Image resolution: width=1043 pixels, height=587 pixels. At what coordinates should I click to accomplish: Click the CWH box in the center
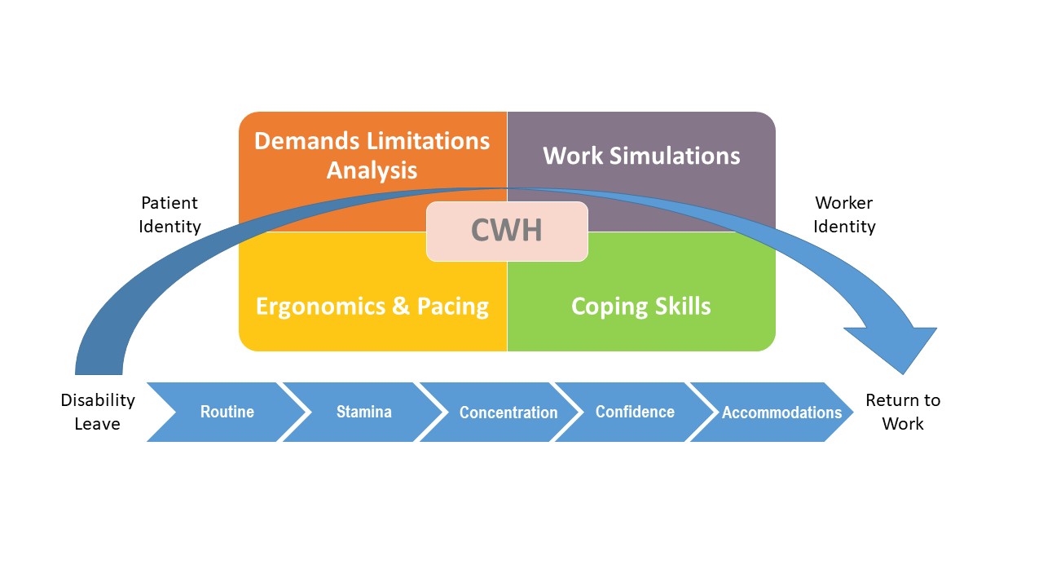click(506, 231)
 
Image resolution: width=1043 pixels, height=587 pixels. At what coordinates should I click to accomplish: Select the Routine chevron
click(227, 412)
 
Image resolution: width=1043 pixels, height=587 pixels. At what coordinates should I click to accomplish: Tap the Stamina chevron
click(363, 412)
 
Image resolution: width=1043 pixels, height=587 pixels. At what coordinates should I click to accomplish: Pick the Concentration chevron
click(508, 413)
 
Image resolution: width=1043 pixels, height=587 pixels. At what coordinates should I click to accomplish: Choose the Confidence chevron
click(635, 412)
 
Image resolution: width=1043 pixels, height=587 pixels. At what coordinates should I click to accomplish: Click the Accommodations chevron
click(781, 413)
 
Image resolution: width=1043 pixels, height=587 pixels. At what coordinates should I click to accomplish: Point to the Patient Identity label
click(169, 214)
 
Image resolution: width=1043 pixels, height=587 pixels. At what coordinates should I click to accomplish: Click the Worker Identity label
click(844, 214)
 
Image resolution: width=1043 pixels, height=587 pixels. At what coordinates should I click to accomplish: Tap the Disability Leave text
click(98, 412)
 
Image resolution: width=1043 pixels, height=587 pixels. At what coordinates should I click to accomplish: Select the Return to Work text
click(903, 412)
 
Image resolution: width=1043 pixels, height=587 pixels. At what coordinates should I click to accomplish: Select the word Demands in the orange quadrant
click(302, 140)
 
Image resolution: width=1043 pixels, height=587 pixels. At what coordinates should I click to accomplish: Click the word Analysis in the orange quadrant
click(372, 170)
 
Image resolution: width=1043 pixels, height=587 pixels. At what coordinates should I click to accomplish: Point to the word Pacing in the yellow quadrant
click(453, 307)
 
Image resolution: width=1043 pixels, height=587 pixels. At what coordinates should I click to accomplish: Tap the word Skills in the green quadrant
click(679, 307)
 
